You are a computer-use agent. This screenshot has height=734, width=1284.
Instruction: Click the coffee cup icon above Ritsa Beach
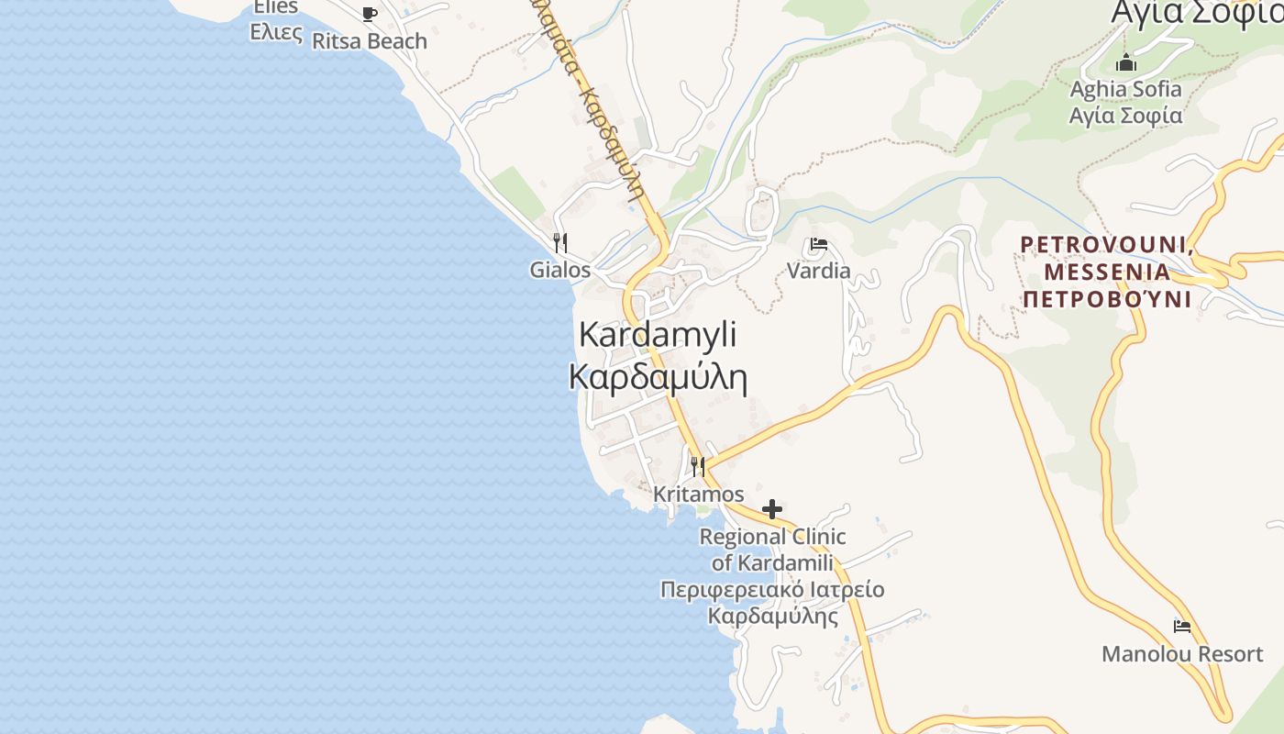coord(369,14)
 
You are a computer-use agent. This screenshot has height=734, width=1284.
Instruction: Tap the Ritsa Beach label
coord(370,41)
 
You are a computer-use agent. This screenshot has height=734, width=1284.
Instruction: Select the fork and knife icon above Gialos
coord(560,243)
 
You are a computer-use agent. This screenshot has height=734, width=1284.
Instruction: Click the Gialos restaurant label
coord(560,270)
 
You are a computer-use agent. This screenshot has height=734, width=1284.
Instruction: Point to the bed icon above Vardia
coord(819,244)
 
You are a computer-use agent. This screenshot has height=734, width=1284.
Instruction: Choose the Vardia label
coord(819,271)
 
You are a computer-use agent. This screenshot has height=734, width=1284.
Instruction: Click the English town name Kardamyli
coord(658,335)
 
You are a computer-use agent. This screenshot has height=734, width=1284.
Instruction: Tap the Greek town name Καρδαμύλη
coord(658,376)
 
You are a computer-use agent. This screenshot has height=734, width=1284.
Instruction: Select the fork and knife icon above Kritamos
coord(698,467)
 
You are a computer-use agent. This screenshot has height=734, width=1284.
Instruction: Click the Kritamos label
coord(699,495)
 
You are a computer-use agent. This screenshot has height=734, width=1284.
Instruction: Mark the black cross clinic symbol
coord(772,509)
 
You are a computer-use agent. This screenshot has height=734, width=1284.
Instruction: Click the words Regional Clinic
coord(772,536)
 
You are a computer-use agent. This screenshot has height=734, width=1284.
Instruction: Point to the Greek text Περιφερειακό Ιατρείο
coord(772,589)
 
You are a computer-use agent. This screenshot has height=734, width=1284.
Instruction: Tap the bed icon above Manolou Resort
coord(1182,627)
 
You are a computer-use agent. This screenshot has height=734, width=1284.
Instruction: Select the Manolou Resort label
coord(1182,654)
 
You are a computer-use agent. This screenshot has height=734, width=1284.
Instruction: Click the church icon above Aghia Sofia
coord(1126,63)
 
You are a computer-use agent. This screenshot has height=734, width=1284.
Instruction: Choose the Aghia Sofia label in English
coord(1126,89)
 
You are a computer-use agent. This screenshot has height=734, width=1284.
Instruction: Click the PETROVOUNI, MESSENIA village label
coord(1107,258)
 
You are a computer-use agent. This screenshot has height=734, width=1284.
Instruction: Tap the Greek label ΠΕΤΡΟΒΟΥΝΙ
coord(1107,299)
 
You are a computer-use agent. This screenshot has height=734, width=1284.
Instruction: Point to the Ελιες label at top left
coord(276,32)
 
